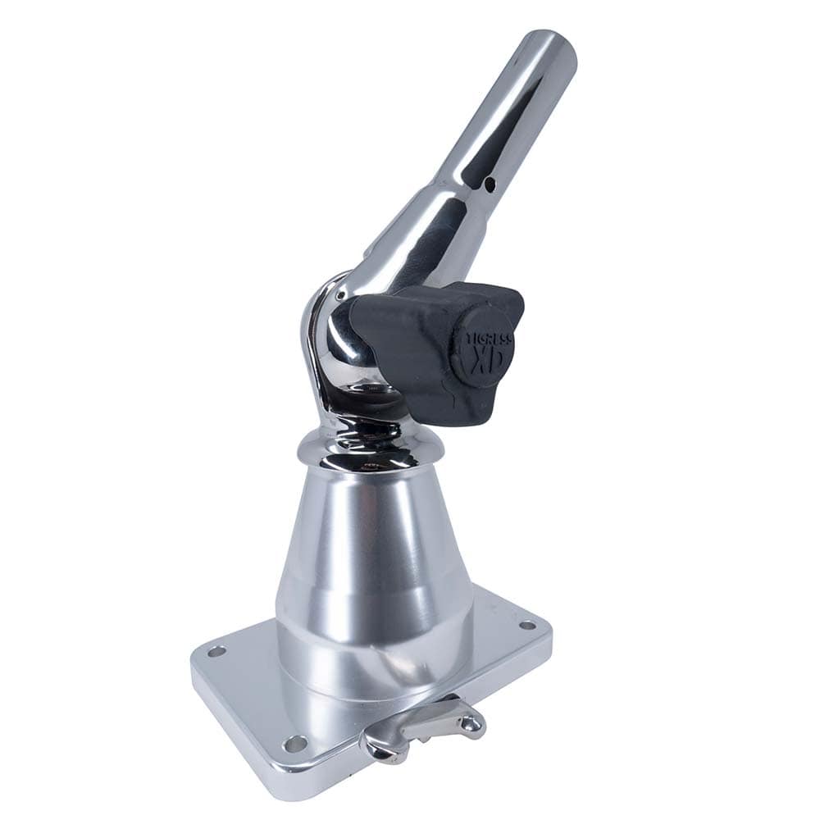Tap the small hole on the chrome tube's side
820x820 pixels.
490,183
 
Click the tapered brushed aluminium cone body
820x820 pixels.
373,541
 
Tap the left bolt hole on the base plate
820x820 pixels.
216,652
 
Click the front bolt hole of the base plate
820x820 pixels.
294,744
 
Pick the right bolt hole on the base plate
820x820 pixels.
527,626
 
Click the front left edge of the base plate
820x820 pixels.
238,730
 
